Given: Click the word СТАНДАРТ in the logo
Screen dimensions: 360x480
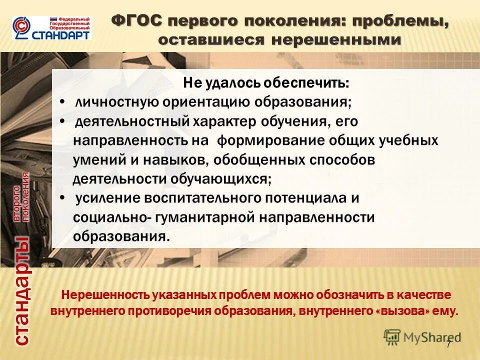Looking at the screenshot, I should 62,35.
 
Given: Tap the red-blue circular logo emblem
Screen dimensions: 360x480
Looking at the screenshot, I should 21,28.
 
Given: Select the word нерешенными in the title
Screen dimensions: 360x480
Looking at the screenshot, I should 336,40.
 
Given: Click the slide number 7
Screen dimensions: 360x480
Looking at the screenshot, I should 448,344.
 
